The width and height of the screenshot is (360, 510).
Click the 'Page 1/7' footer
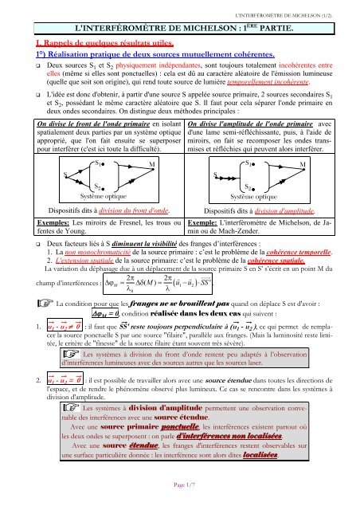(179, 495)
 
